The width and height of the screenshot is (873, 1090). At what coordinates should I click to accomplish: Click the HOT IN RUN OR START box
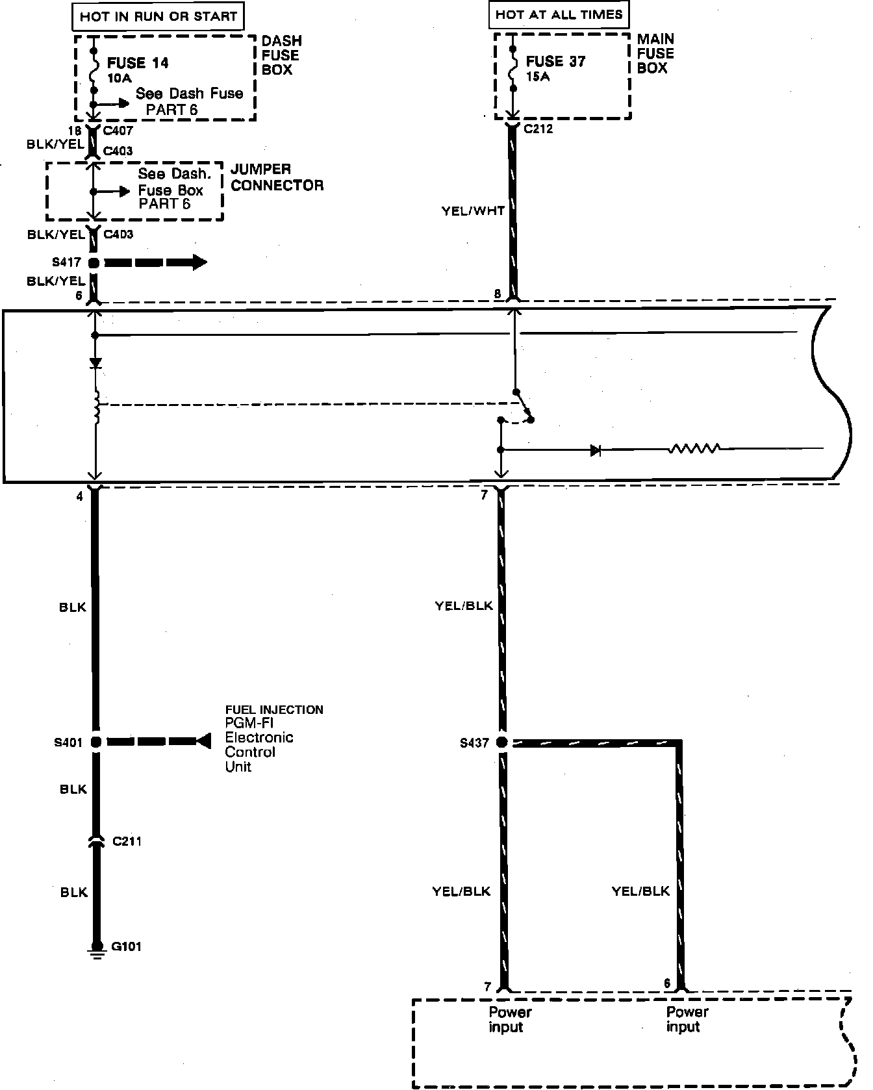158,16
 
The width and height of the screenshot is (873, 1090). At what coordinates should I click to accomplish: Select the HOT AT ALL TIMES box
559,14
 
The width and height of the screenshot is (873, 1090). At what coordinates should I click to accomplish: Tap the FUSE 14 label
138,63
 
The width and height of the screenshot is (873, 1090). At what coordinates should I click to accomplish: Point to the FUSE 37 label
555,62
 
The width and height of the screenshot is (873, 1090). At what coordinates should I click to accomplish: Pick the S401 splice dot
95,741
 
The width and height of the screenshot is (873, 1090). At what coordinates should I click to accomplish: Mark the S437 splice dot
501,742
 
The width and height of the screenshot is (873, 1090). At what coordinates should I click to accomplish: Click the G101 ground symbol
96,949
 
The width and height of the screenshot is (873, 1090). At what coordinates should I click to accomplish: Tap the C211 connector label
127,841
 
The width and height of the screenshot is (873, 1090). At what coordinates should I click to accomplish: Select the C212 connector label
538,129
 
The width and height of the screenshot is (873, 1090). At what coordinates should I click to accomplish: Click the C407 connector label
118,131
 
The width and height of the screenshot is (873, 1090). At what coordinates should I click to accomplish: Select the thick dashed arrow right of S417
156,263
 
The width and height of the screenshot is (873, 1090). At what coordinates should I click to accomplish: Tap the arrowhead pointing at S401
203,741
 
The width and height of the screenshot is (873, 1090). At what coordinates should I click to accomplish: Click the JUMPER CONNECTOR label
277,177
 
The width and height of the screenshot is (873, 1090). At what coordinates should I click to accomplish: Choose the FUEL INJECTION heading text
274,710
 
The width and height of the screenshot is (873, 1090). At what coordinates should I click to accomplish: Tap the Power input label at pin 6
687,1019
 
